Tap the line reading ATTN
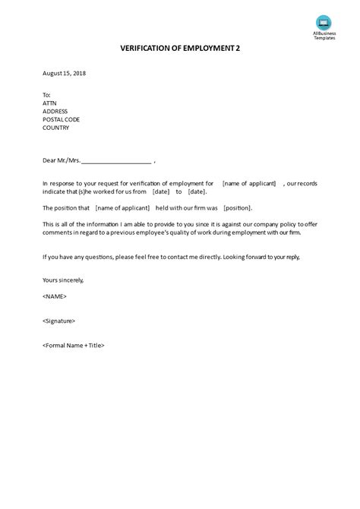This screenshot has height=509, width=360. click(x=49, y=103)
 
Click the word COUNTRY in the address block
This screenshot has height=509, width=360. click(x=55, y=128)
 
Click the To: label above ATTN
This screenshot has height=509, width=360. click(x=47, y=95)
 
